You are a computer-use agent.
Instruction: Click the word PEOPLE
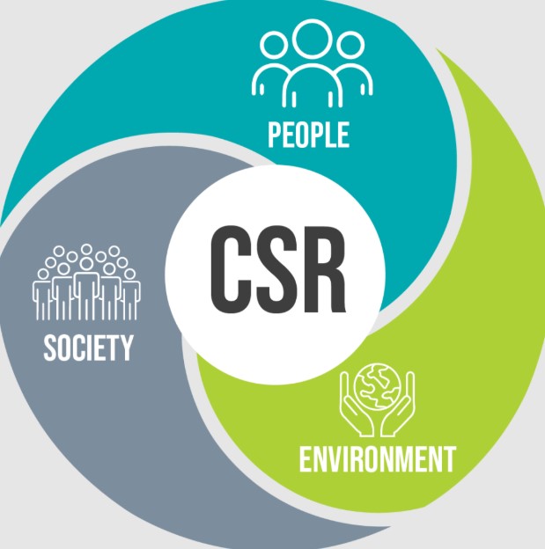click(308, 135)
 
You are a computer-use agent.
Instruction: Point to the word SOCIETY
click(88, 348)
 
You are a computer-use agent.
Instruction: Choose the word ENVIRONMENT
click(377, 458)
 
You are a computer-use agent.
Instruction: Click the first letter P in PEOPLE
click(274, 135)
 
